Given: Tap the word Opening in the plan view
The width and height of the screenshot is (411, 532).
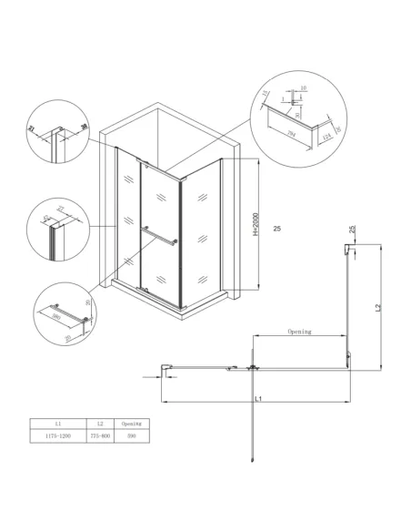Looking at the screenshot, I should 299,332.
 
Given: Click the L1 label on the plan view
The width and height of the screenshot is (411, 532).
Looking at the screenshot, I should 258,399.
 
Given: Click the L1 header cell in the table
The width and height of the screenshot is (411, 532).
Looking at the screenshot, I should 57,424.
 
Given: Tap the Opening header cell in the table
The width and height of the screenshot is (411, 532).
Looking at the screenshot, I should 134,424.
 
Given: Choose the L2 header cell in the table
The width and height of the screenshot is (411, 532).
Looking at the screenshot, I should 102,424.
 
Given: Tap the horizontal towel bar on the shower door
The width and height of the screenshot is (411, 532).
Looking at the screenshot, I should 161,240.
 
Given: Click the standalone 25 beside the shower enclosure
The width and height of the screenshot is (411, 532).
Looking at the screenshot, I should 276,228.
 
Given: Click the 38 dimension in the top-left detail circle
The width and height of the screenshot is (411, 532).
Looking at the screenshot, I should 83,128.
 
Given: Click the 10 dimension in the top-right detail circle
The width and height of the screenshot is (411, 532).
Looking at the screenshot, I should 303,88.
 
